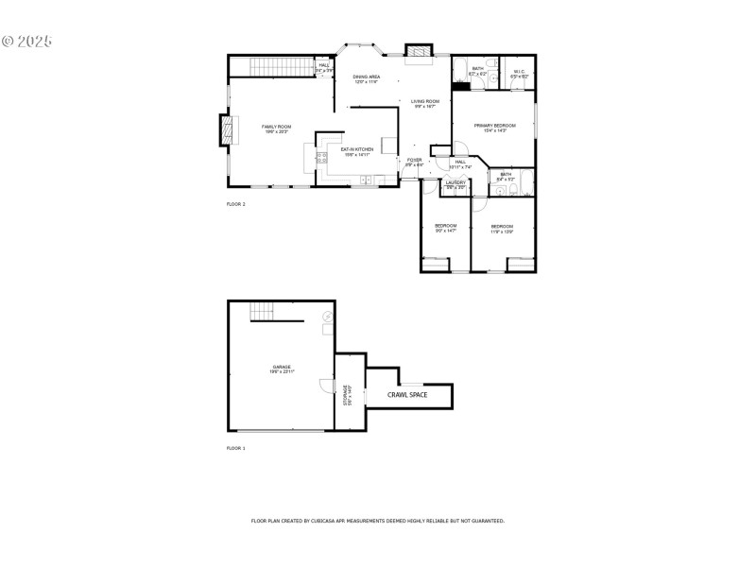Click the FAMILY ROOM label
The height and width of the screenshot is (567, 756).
pos(276,127)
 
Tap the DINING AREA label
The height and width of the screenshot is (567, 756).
pos(366,77)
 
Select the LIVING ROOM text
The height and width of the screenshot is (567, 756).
pos(424,101)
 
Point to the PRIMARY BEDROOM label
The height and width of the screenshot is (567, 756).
pos(495,126)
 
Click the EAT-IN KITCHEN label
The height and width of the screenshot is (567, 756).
pos(356,149)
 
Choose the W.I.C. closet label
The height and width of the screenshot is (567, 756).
pos(519,70)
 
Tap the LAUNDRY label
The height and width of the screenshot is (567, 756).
pos(455,182)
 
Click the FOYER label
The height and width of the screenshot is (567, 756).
pos(414,160)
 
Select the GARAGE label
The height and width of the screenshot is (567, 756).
pos(282,367)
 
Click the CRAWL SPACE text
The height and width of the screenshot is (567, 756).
pos(407,394)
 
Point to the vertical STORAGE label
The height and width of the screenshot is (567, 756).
pos(347,395)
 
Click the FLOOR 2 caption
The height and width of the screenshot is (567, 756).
pos(235,204)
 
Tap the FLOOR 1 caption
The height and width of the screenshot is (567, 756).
pos(235,448)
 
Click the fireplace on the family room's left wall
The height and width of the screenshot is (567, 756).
pos(224,130)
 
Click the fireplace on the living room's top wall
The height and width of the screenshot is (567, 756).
pos(418,51)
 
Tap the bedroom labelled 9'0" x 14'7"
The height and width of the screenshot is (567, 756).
pos(445,227)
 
